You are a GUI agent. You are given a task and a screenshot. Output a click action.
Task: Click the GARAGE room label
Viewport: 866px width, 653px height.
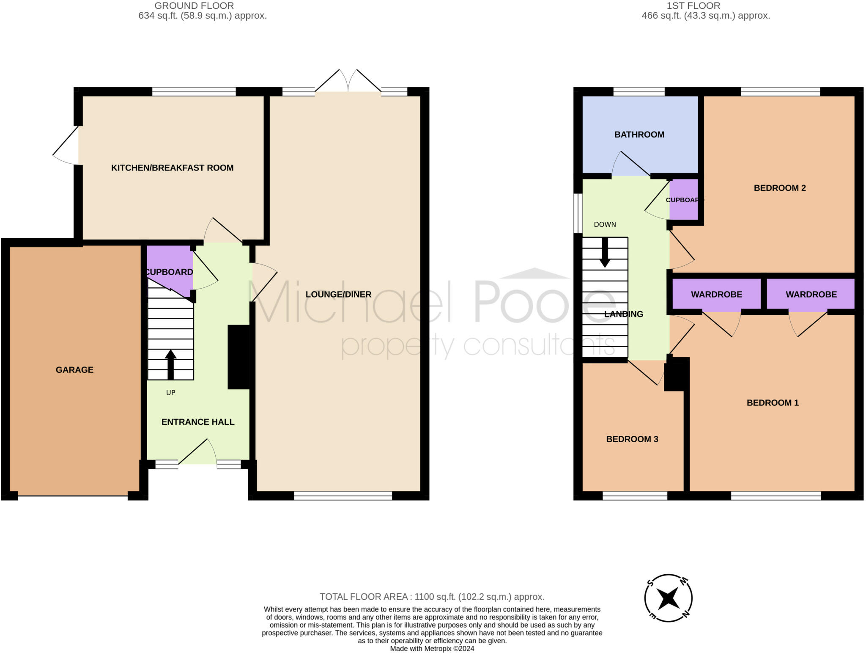[x=74, y=370]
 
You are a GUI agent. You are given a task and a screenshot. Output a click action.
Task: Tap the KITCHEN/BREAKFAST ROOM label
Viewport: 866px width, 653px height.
[x=172, y=168]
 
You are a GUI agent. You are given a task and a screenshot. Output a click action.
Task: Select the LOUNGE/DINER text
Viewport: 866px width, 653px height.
[x=338, y=295]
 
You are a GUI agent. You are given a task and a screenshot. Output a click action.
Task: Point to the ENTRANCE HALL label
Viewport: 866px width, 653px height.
[x=198, y=422]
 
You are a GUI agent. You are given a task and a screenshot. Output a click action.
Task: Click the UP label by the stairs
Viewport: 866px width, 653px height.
[x=171, y=393]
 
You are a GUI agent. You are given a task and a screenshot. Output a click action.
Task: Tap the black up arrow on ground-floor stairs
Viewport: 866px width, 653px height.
[x=170, y=364]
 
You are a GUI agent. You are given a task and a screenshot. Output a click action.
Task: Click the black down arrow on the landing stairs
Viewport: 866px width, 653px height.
[x=605, y=252]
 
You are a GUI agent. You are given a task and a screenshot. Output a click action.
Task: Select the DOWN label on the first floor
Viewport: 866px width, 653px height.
[x=605, y=225]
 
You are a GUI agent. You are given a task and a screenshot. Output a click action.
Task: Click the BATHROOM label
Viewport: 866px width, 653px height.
[x=639, y=135]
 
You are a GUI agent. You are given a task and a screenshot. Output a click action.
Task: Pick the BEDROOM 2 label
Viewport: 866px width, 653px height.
[x=780, y=188]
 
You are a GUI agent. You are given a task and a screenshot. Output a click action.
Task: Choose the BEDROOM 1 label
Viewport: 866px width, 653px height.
[x=773, y=403]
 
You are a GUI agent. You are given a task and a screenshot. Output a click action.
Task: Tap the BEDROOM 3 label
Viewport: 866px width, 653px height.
[x=632, y=439]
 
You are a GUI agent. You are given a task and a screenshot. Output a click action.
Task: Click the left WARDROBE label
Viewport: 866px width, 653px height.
[x=716, y=295]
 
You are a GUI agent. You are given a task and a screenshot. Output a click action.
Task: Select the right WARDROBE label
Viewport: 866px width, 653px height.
[x=811, y=295]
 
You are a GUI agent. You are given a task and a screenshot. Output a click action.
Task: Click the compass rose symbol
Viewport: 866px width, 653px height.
[x=668, y=598]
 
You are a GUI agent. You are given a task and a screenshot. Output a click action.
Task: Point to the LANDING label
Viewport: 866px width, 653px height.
[x=624, y=314]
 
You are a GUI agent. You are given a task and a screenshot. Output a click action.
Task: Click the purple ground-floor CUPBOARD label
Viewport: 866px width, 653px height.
[x=169, y=272]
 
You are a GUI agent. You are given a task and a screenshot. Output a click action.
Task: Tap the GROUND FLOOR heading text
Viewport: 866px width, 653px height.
[x=194, y=6]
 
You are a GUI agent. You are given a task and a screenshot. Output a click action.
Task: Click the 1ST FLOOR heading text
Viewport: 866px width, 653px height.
[x=693, y=6]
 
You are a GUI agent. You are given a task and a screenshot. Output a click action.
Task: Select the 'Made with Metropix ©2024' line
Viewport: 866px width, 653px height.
[x=432, y=649]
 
